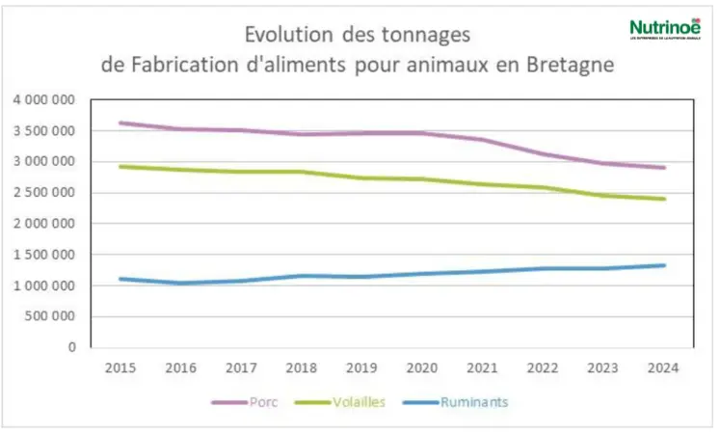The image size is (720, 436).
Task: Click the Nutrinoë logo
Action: coord(664,29)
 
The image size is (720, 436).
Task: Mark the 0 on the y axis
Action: coord(74,347)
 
